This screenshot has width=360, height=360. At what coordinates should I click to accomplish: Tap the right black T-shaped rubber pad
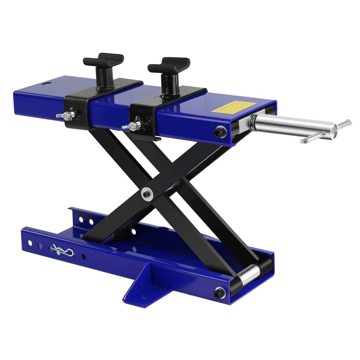(x=169, y=65)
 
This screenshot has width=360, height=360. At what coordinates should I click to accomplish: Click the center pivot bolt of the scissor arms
(x=146, y=194)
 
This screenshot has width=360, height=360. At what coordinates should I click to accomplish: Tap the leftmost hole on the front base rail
(x=30, y=243)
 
